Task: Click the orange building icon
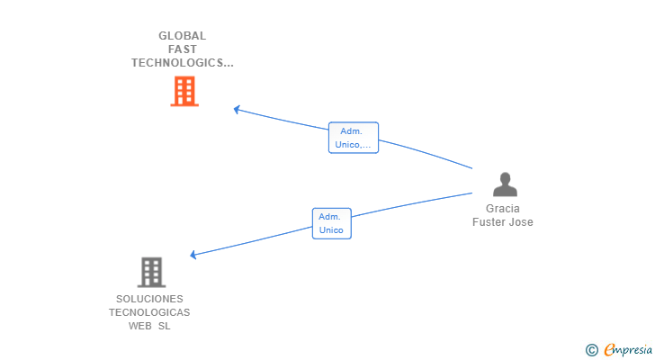click(x=184, y=91)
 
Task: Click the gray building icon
click(x=151, y=273)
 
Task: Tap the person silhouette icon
click(x=505, y=184)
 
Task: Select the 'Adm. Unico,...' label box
click(x=354, y=138)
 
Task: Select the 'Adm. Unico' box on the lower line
click(x=332, y=223)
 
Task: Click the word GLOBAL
click(x=182, y=36)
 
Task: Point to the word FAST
click(x=182, y=49)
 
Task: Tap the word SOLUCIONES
click(x=149, y=299)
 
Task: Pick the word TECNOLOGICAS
click(x=149, y=312)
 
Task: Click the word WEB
click(x=140, y=326)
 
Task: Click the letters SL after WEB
click(x=164, y=326)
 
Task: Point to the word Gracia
click(x=503, y=209)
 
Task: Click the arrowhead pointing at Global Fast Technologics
click(x=237, y=110)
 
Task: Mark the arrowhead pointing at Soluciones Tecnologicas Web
click(x=193, y=255)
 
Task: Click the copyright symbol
click(x=591, y=350)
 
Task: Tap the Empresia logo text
click(x=628, y=350)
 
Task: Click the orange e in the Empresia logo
click(x=609, y=349)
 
